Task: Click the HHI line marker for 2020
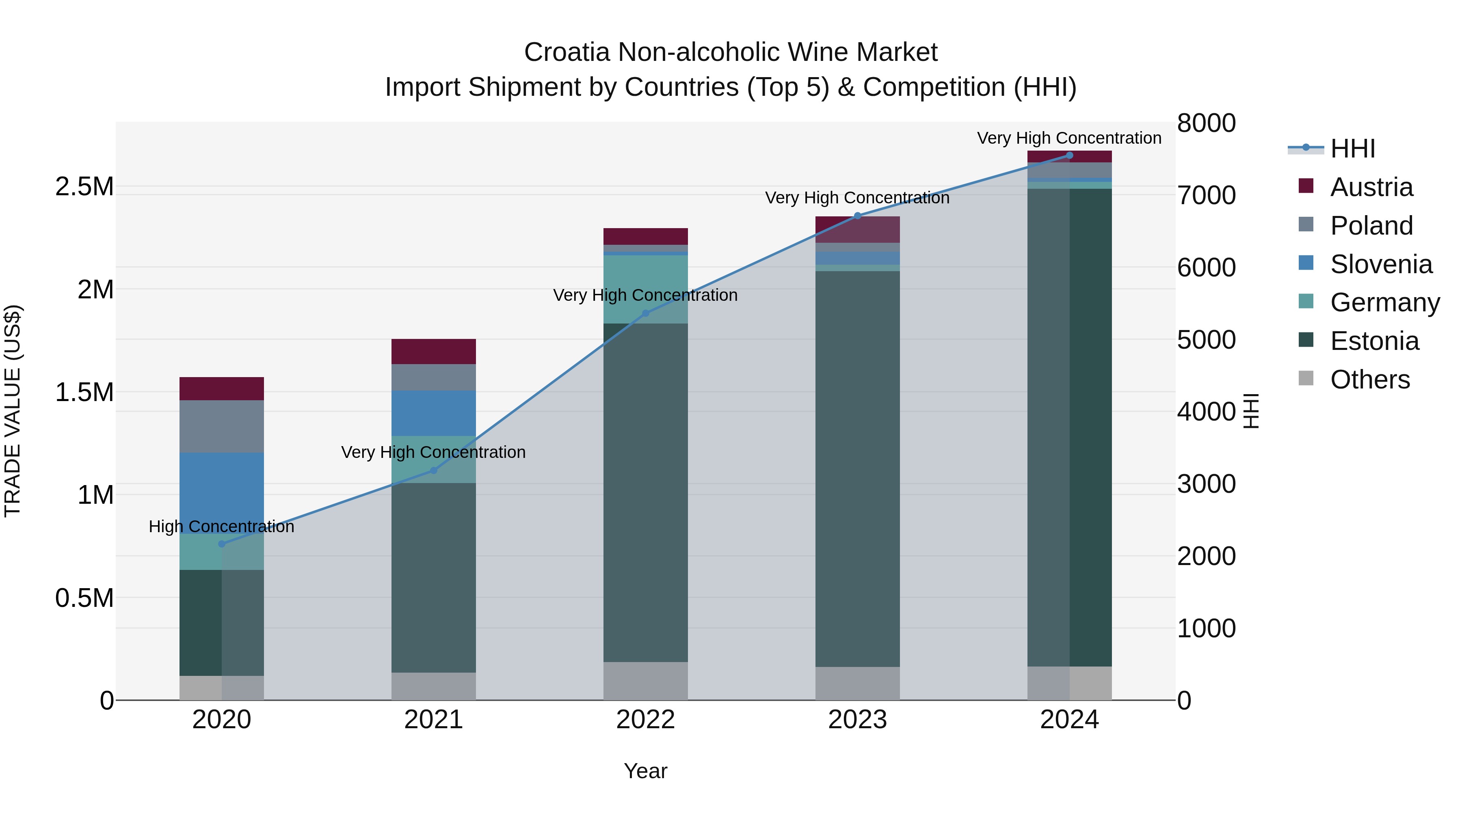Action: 221,544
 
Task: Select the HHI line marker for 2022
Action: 645,313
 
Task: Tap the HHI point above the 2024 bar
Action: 1069,155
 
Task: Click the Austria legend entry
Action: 1371,187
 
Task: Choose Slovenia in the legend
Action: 1381,264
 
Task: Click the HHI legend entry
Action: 1352,149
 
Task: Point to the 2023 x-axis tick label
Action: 857,720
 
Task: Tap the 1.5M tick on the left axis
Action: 84,392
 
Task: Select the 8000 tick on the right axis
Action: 1206,123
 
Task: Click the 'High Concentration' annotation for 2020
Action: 221,526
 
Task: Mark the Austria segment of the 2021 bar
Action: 434,352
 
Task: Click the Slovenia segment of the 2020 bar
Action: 221,492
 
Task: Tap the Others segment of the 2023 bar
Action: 857,683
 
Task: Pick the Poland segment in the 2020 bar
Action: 221,426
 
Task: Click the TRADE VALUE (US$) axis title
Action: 13,411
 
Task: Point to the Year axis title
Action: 645,771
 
